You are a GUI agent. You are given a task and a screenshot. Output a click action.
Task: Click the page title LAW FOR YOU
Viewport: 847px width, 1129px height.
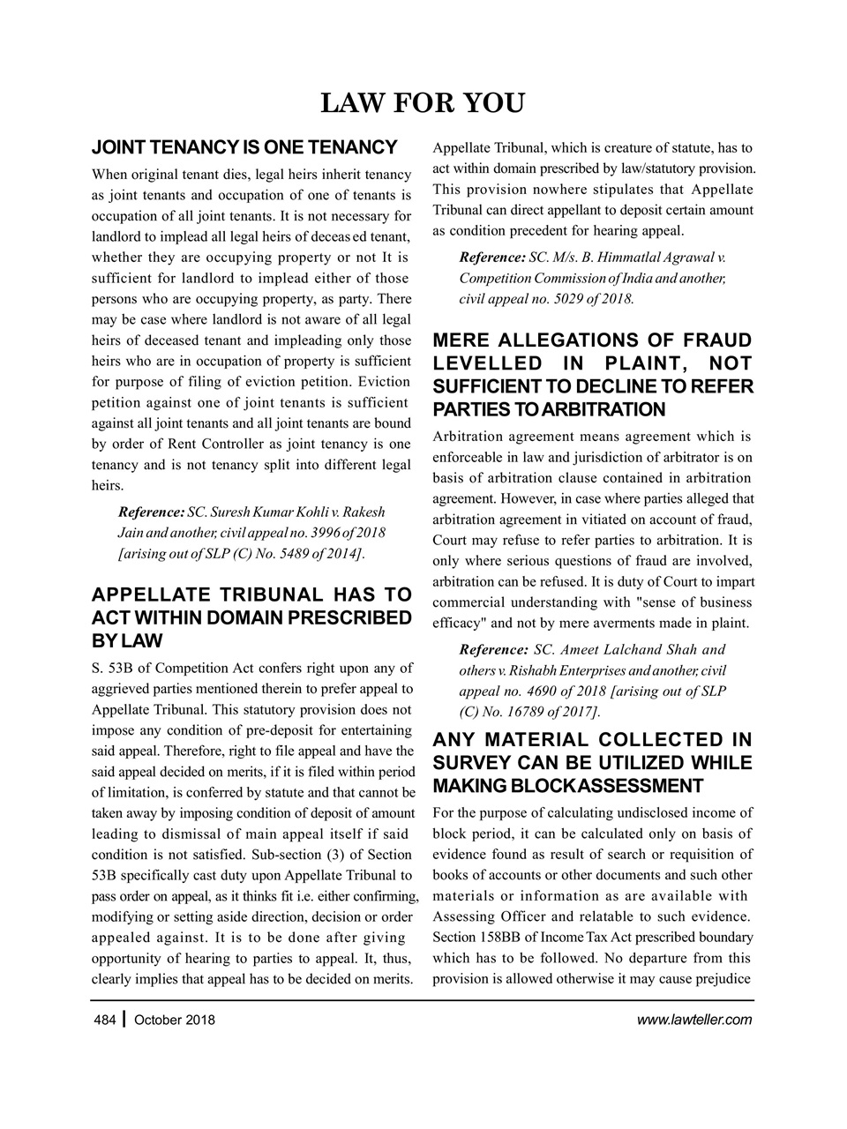tap(422, 103)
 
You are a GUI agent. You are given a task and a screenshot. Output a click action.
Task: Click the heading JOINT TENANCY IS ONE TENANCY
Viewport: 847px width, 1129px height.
tap(245, 147)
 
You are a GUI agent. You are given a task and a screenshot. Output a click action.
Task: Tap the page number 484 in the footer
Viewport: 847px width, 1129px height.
tap(104, 1020)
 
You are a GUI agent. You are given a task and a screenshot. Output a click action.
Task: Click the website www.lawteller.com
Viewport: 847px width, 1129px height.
tap(693, 1020)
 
